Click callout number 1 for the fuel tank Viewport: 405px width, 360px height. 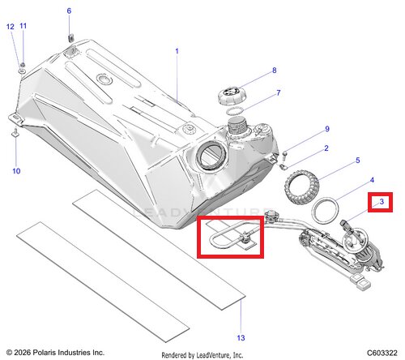coord(177,51)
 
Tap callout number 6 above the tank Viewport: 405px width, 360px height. coord(69,11)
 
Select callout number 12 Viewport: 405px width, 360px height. coord(11,27)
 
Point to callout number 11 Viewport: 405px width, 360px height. coord(23,26)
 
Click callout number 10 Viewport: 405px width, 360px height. coord(16,171)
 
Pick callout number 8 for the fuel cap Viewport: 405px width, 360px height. coord(275,71)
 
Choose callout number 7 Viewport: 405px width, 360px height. coord(279,92)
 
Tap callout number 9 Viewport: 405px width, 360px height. coord(327,129)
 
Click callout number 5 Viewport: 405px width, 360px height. coord(358,161)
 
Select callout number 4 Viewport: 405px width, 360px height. coord(372,180)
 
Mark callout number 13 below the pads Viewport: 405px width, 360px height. coord(241,338)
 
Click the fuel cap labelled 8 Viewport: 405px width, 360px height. coord(230,96)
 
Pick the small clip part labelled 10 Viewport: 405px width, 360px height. coord(15,133)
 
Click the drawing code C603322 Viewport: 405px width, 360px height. coord(382,353)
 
